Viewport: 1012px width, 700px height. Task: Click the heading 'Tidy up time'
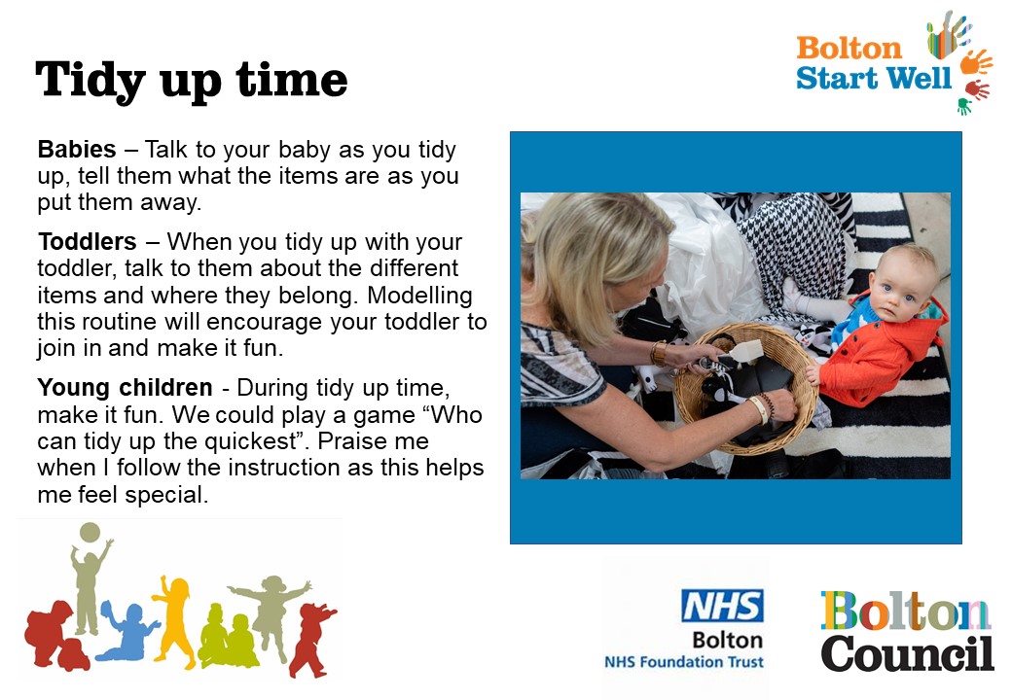pos(192,80)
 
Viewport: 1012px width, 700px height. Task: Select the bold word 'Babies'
pos(77,149)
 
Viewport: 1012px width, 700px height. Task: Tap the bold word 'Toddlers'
pos(88,241)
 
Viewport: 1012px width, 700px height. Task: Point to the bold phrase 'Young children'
pos(126,387)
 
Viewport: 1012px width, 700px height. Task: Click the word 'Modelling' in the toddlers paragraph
pos(419,296)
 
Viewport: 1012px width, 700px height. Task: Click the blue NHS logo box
pos(722,606)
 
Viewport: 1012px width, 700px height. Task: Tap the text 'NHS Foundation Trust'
pos(683,661)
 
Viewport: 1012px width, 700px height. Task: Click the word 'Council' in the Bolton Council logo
pos(907,653)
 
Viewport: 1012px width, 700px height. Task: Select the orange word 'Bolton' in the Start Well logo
pos(849,48)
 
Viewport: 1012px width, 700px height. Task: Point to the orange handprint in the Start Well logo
pos(975,62)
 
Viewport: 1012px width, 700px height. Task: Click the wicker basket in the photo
pos(744,388)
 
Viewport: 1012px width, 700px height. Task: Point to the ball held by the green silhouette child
pos(90,533)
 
